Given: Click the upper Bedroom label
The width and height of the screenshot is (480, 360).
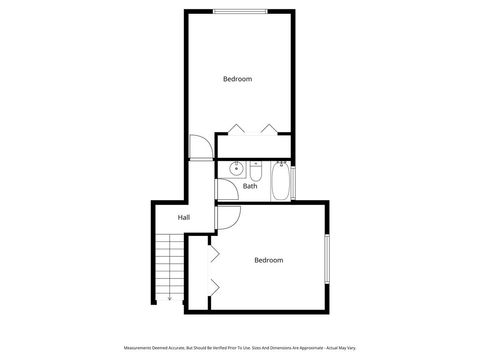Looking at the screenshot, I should (x=237, y=79).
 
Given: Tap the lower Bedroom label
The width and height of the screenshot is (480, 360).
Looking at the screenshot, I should (x=268, y=261).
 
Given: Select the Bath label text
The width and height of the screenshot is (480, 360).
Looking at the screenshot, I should (x=250, y=186).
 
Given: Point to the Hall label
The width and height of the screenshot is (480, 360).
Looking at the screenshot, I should (x=184, y=217).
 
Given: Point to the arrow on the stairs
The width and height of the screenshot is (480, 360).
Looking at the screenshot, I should (x=170, y=296).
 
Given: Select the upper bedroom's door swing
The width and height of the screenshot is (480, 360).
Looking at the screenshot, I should (x=199, y=146).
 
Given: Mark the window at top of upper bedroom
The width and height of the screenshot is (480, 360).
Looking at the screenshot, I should (x=240, y=11).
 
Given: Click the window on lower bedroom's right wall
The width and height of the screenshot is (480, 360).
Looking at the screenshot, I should (x=328, y=260).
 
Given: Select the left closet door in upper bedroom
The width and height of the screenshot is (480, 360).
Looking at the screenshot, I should (x=234, y=128).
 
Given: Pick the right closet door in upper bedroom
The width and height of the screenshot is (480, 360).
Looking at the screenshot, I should (x=269, y=128).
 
